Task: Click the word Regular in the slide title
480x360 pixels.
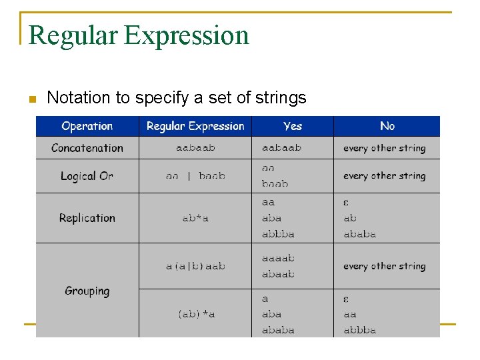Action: pos(73,35)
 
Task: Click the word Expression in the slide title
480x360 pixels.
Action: pos(187,35)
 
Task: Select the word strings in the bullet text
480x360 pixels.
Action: pos(279,98)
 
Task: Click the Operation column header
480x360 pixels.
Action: pos(87,126)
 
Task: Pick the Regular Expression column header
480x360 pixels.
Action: pos(195,126)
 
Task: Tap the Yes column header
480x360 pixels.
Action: pos(293,126)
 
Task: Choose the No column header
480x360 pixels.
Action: pos(387,126)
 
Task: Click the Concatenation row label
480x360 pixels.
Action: pos(87,148)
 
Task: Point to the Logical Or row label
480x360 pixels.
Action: pos(87,176)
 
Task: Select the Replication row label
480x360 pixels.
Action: pos(87,218)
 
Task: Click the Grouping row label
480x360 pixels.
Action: pos(87,291)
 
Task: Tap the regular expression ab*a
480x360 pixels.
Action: pos(195,218)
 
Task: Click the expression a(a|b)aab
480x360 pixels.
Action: pos(195,266)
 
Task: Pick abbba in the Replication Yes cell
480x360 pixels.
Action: pos(278,234)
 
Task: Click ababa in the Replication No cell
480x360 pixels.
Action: pos(360,234)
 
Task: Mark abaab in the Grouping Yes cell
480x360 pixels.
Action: pos(278,274)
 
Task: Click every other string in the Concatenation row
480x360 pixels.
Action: pos(384,148)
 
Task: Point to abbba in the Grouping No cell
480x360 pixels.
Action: pos(360,330)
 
